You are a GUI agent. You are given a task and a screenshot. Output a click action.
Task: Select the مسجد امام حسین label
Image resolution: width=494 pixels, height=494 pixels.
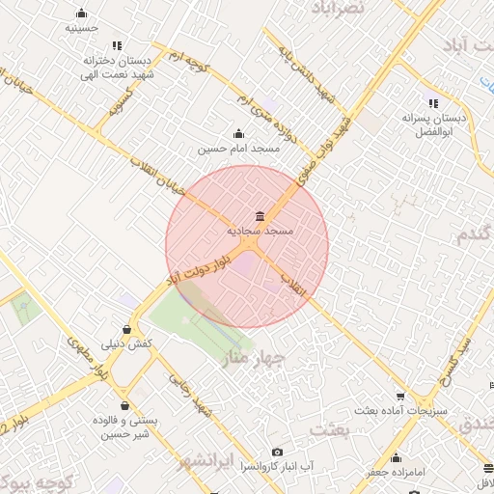click(x=238, y=150)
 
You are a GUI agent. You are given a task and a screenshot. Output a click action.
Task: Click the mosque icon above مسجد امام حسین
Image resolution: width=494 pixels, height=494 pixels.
click(x=238, y=134)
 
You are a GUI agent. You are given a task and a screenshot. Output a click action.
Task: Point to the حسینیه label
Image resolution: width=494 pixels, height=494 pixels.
click(x=81, y=29)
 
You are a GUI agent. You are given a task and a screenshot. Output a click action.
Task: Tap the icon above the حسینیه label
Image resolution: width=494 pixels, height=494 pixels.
click(x=81, y=14)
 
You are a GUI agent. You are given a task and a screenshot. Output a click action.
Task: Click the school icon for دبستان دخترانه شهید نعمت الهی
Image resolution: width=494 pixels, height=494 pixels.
click(x=117, y=45)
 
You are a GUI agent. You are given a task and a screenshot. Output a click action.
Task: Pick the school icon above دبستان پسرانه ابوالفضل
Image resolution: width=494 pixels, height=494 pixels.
click(x=432, y=103)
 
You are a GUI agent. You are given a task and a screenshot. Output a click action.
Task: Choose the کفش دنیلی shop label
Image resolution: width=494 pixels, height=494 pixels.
click(x=127, y=344)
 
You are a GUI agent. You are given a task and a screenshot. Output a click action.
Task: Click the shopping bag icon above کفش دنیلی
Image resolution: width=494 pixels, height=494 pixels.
click(x=127, y=330)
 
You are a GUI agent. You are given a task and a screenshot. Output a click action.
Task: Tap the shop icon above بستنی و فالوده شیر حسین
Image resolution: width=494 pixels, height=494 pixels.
click(x=124, y=406)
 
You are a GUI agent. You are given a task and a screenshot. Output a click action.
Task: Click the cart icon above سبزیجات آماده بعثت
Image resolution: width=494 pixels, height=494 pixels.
click(x=400, y=396)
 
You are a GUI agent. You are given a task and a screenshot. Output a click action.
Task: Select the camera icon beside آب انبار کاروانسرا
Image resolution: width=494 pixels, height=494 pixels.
click(x=278, y=453)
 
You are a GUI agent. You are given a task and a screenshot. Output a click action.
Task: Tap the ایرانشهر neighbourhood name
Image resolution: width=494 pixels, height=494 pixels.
click(x=233, y=460)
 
